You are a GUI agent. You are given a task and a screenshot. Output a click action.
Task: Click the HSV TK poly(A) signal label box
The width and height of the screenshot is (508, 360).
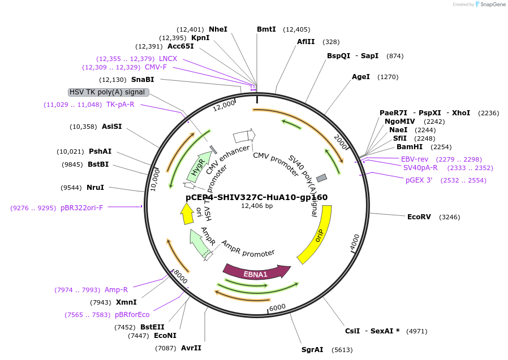coord(108,92)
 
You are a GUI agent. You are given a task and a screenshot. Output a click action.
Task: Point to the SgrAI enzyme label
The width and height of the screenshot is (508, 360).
coord(312,350)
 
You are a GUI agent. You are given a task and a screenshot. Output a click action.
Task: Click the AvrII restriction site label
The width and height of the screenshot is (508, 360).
coord(191,348)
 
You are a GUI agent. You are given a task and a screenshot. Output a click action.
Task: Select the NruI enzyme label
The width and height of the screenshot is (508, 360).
coord(96,187)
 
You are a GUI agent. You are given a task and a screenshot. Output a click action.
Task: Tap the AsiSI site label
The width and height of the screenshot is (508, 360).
coord(111,126)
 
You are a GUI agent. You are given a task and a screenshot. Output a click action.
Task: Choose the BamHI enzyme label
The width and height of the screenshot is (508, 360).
coord(410,147)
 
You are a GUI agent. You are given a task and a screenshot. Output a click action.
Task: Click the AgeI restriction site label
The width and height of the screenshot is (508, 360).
coord(361,76)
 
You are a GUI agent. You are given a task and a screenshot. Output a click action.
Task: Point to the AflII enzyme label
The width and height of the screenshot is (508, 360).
coord(306,41)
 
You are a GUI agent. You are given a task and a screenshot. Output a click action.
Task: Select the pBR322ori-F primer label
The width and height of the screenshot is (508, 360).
coord(82,208)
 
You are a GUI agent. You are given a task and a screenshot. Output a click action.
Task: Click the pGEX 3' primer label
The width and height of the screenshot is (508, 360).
coord(419,180)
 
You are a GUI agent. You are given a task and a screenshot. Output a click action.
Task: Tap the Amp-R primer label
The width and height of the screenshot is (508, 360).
coord(117,290)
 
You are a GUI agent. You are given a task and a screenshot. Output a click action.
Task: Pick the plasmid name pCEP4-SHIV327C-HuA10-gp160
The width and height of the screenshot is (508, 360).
coord(257,197)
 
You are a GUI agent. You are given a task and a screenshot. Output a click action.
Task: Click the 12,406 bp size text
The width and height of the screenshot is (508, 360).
coord(257,206)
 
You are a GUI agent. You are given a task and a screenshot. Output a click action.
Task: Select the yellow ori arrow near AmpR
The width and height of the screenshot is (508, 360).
coord(186,213)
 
